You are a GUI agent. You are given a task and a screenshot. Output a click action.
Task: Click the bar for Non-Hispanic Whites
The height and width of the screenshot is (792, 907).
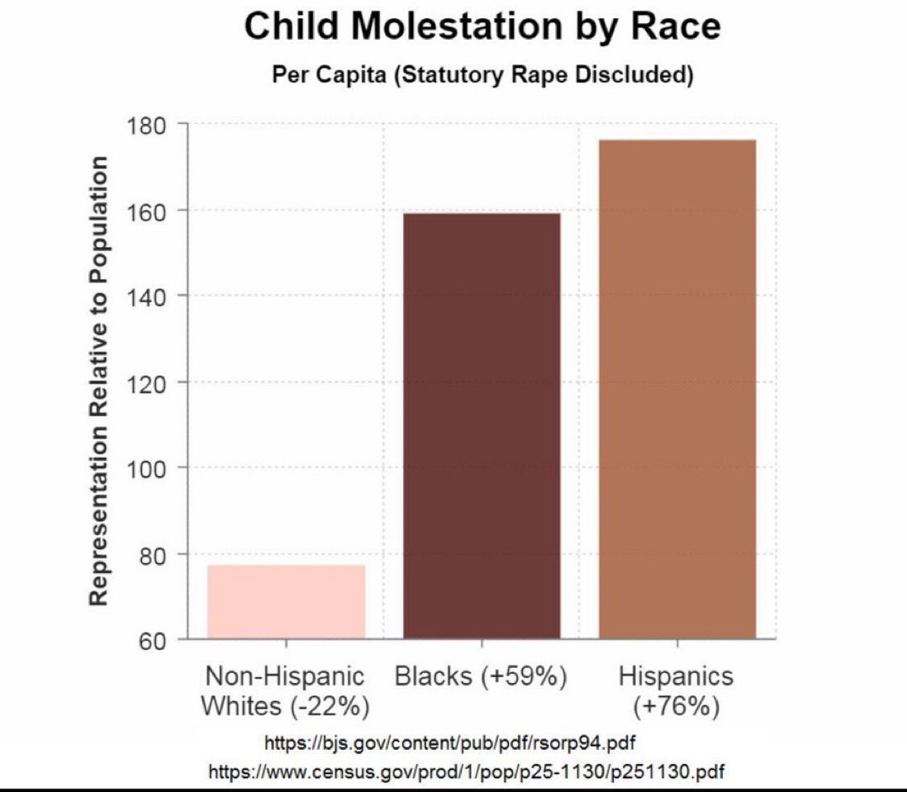tap(286, 601)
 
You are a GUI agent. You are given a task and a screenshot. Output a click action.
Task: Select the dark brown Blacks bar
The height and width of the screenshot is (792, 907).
tap(482, 425)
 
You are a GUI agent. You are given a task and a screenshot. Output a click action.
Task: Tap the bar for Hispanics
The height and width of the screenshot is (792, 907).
tap(677, 389)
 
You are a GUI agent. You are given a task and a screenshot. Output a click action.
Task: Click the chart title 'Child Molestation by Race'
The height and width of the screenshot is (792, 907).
tap(482, 27)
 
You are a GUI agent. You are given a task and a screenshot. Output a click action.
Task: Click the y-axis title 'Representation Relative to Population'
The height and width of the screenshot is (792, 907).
tap(100, 381)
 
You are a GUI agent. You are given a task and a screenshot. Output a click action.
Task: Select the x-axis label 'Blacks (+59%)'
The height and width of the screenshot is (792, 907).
tap(481, 676)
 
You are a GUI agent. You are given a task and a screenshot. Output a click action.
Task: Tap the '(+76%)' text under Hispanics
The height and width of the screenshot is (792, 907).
tap(676, 707)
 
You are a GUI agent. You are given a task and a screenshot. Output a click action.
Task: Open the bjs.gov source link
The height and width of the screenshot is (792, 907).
tap(449, 742)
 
